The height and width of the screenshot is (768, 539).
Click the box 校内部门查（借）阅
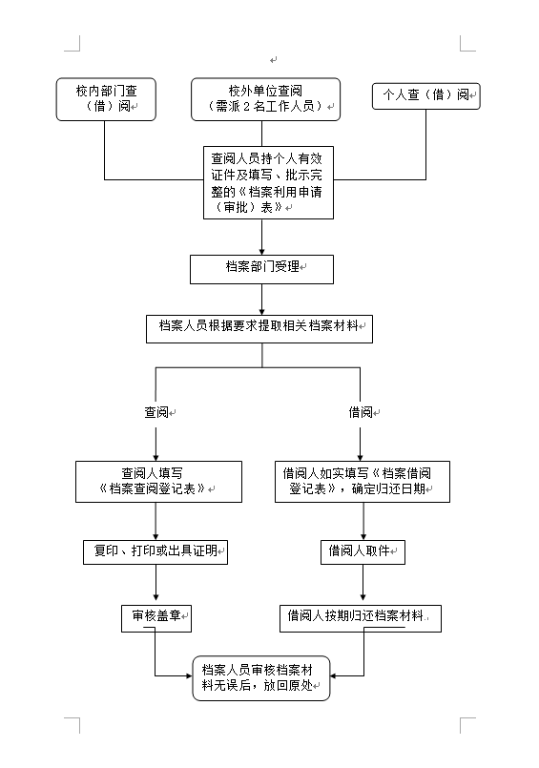[x=106, y=99]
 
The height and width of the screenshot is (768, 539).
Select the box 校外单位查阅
[x=265, y=99]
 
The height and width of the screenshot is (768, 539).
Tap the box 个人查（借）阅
[x=425, y=95]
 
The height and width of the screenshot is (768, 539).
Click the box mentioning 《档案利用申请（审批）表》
[x=268, y=182]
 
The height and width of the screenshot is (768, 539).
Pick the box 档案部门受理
[x=261, y=269]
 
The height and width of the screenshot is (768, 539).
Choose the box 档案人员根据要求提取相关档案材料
[x=259, y=328]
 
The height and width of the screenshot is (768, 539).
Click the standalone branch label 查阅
[x=156, y=412]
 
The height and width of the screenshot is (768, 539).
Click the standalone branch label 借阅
[x=361, y=412]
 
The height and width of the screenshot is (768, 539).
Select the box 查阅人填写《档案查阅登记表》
[x=158, y=482]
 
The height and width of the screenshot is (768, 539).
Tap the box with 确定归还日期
[x=363, y=482]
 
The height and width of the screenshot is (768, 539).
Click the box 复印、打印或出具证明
[x=155, y=552]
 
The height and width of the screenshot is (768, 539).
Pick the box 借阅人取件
[x=363, y=552]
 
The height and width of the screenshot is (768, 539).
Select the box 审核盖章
[x=156, y=618]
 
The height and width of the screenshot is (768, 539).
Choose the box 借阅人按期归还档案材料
[x=361, y=618]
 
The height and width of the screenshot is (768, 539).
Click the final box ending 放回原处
[x=261, y=678]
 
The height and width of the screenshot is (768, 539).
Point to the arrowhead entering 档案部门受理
[x=261, y=252]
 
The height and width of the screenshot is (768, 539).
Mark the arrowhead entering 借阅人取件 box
[x=363, y=537]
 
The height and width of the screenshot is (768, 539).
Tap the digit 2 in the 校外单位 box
[x=247, y=107]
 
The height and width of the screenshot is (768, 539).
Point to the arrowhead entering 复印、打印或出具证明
[x=155, y=537]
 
